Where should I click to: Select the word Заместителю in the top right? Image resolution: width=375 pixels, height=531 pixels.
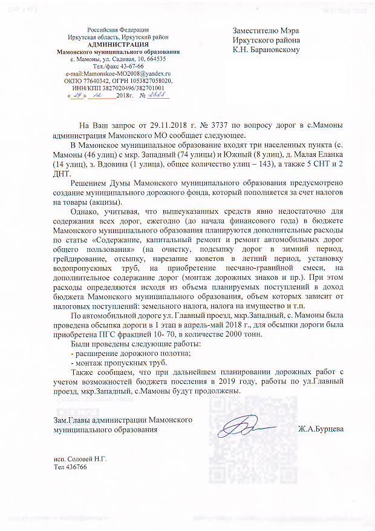point(257,31)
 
